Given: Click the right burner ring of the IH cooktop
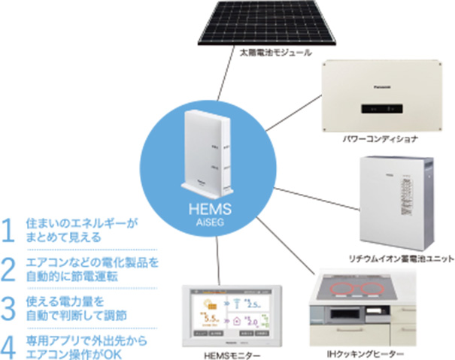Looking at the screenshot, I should pyautogui.click(x=383, y=289).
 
